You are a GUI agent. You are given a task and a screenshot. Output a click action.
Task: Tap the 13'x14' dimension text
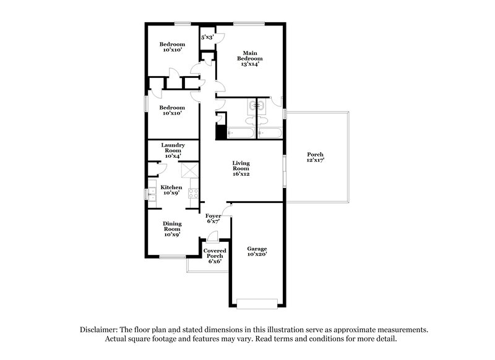pyautogui.click(x=249, y=63)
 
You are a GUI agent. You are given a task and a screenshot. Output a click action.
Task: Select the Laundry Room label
pyautogui.click(x=173, y=148)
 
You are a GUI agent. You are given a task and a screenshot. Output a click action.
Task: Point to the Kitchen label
pyautogui.click(x=171, y=187)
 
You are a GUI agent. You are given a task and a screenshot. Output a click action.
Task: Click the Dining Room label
pyautogui.click(x=171, y=226)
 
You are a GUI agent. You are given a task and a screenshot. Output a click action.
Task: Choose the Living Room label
pyautogui.click(x=241, y=166)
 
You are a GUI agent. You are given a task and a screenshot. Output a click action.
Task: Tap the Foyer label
pyautogui.click(x=214, y=215)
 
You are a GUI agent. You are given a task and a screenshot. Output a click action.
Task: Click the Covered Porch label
pyautogui.click(x=215, y=253)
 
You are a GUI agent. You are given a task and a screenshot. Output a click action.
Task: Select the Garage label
pyautogui.click(x=257, y=249)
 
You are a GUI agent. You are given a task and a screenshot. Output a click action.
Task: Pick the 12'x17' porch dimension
pyautogui.click(x=316, y=160)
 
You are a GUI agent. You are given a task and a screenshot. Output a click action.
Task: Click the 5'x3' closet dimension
pyautogui.click(x=207, y=38)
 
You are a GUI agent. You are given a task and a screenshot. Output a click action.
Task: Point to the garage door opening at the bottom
pyautogui.click(x=257, y=303)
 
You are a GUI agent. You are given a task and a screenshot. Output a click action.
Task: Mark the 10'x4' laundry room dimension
pyautogui.click(x=173, y=156)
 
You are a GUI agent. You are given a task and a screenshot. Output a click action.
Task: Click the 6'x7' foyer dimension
pyautogui.click(x=214, y=221)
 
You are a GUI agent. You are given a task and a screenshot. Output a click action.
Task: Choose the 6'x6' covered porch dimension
pyautogui.click(x=215, y=262)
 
